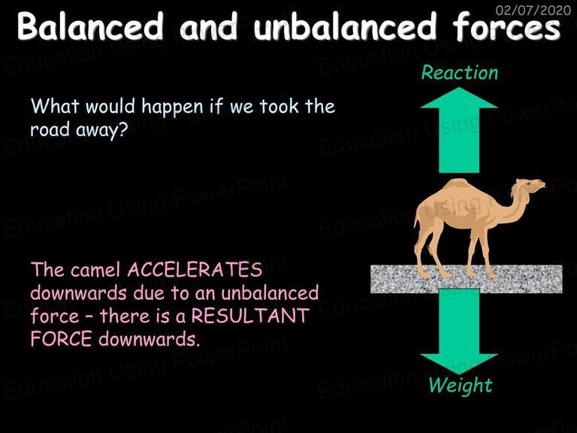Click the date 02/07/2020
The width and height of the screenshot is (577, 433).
coord(533,10)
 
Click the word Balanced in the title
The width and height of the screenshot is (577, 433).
coord(90,26)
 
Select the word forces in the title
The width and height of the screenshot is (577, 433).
coord(506,26)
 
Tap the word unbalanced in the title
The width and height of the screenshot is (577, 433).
coord(345,26)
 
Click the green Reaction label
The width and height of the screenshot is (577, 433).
coord(459,72)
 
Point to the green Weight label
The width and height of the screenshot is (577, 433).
coord(460,386)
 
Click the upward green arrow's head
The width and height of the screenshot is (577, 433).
coord(459,98)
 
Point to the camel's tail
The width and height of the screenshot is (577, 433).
coord(417,221)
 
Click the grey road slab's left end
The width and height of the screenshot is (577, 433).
coord(371,279)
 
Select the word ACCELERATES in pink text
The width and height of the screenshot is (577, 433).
coord(195,270)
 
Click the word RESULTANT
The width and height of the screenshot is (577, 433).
coord(250,316)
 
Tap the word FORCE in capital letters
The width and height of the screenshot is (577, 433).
coord(61,339)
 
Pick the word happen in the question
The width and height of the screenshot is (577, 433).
coord(172,107)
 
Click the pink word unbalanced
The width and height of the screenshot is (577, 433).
coord(270,293)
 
